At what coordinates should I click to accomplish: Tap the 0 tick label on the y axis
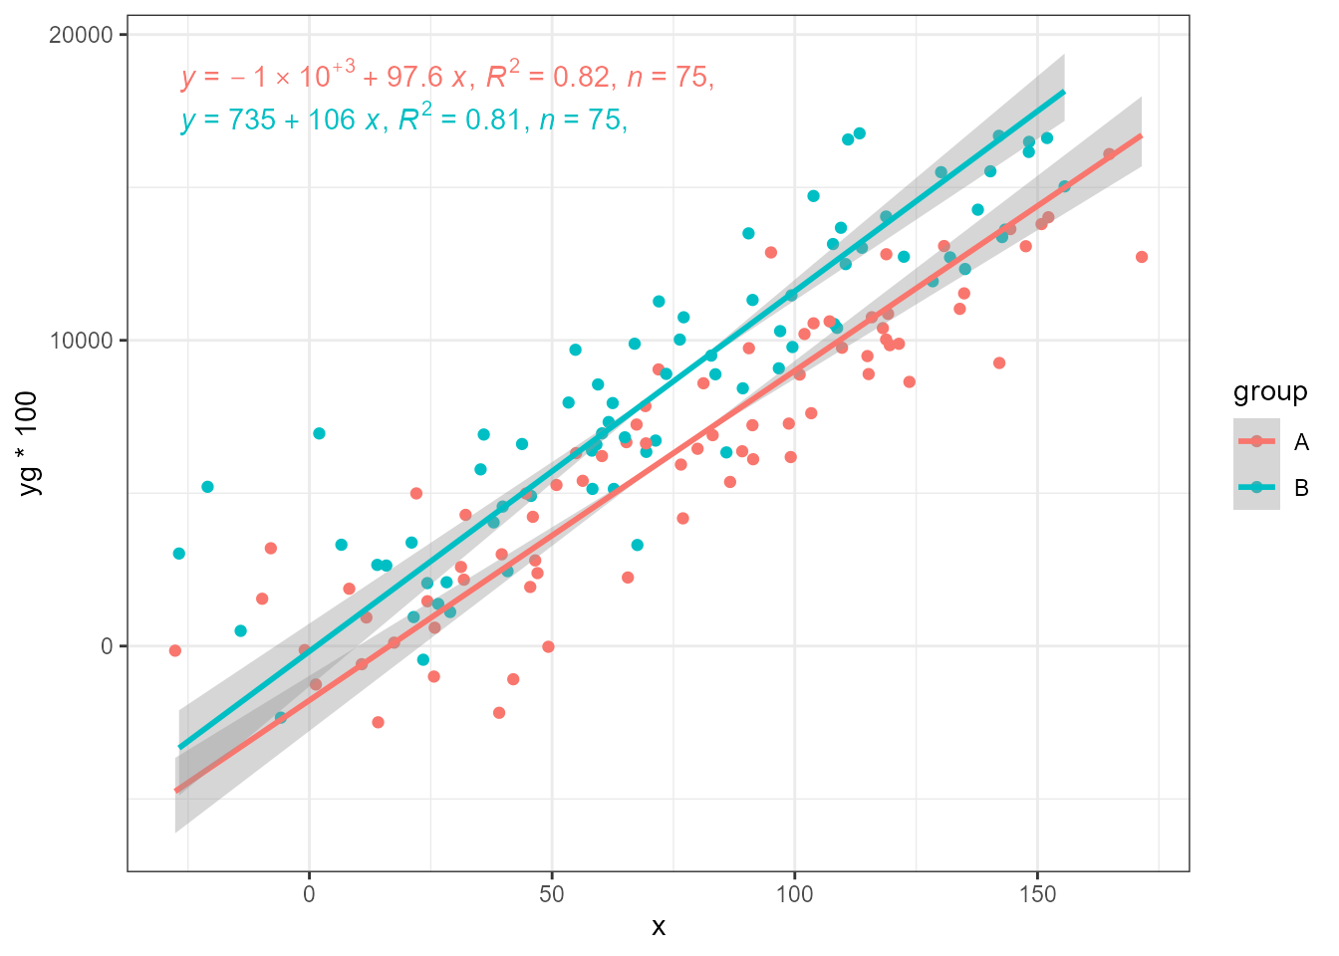(107, 646)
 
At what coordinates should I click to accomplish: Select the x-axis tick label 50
(552, 894)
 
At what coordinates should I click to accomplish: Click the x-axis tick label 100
(794, 894)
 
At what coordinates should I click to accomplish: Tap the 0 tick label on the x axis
(309, 894)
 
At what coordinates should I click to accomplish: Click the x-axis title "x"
(659, 927)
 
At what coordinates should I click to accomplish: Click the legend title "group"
(1269, 391)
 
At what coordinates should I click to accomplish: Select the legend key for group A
(1256, 441)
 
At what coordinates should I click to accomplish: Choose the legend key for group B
(1256, 487)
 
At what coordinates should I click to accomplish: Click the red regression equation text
(447, 76)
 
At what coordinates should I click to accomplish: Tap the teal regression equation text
(403, 119)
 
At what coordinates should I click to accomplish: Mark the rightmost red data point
(1142, 257)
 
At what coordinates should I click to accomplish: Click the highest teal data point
(859, 133)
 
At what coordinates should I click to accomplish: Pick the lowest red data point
(378, 722)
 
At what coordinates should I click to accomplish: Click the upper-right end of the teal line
(1064, 92)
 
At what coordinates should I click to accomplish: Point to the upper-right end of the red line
(1141, 134)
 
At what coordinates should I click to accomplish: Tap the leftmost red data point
(175, 650)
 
